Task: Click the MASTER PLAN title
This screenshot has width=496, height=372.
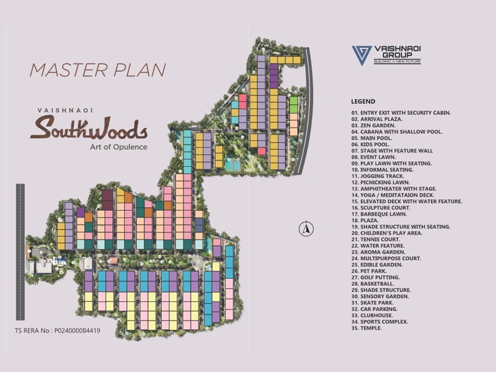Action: click(x=97, y=69)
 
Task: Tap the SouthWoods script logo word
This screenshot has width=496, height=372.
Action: click(x=89, y=128)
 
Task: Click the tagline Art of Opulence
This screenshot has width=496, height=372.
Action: click(x=113, y=147)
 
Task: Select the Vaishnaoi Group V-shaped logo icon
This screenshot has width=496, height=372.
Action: click(x=360, y=55)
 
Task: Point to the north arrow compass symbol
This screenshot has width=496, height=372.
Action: click(x=305, y=229)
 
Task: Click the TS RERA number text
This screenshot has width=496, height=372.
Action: click(x=57, y=330)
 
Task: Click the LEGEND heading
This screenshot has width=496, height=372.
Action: click(x=363, y=101)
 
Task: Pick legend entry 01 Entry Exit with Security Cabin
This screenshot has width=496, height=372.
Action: click(x=401, y=112)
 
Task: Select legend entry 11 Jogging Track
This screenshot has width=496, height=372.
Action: click(x=380, y=175)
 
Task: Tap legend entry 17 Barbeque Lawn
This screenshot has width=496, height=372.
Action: click(x=382, y=213)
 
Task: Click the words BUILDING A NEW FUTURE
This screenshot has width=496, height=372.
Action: click(x=397, y=62)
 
